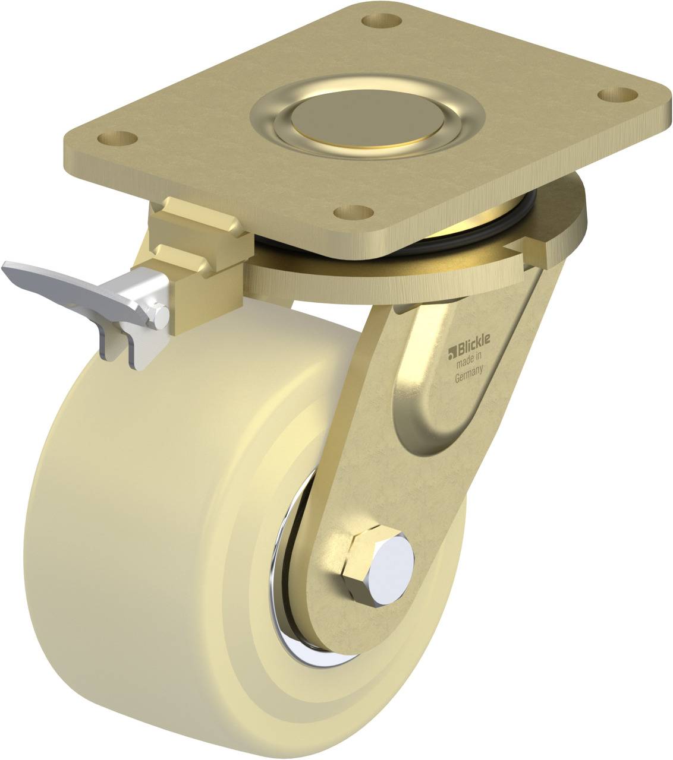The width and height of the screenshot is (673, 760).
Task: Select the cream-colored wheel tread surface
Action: pyautogui.click(x=119, y=534)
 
